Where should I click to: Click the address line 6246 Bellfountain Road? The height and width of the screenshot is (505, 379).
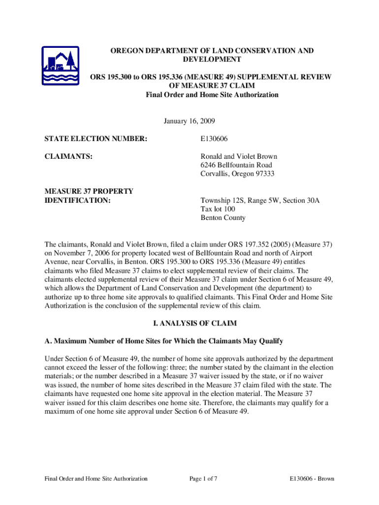pos(236,165)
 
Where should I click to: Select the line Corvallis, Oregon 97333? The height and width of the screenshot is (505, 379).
pos(237,174)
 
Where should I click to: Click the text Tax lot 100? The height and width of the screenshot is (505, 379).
pos(218,209)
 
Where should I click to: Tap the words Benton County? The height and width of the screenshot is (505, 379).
pos(222,218)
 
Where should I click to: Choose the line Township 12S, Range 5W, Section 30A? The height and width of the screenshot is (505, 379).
pos(260,200)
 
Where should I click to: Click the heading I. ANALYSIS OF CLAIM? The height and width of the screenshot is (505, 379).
pos(189,324)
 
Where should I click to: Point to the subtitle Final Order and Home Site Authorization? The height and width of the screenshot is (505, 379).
pos(212,95)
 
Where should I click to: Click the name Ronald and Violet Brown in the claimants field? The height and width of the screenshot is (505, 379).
pos(239,156)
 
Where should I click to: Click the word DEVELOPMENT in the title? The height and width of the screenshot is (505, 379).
pos(212,59)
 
